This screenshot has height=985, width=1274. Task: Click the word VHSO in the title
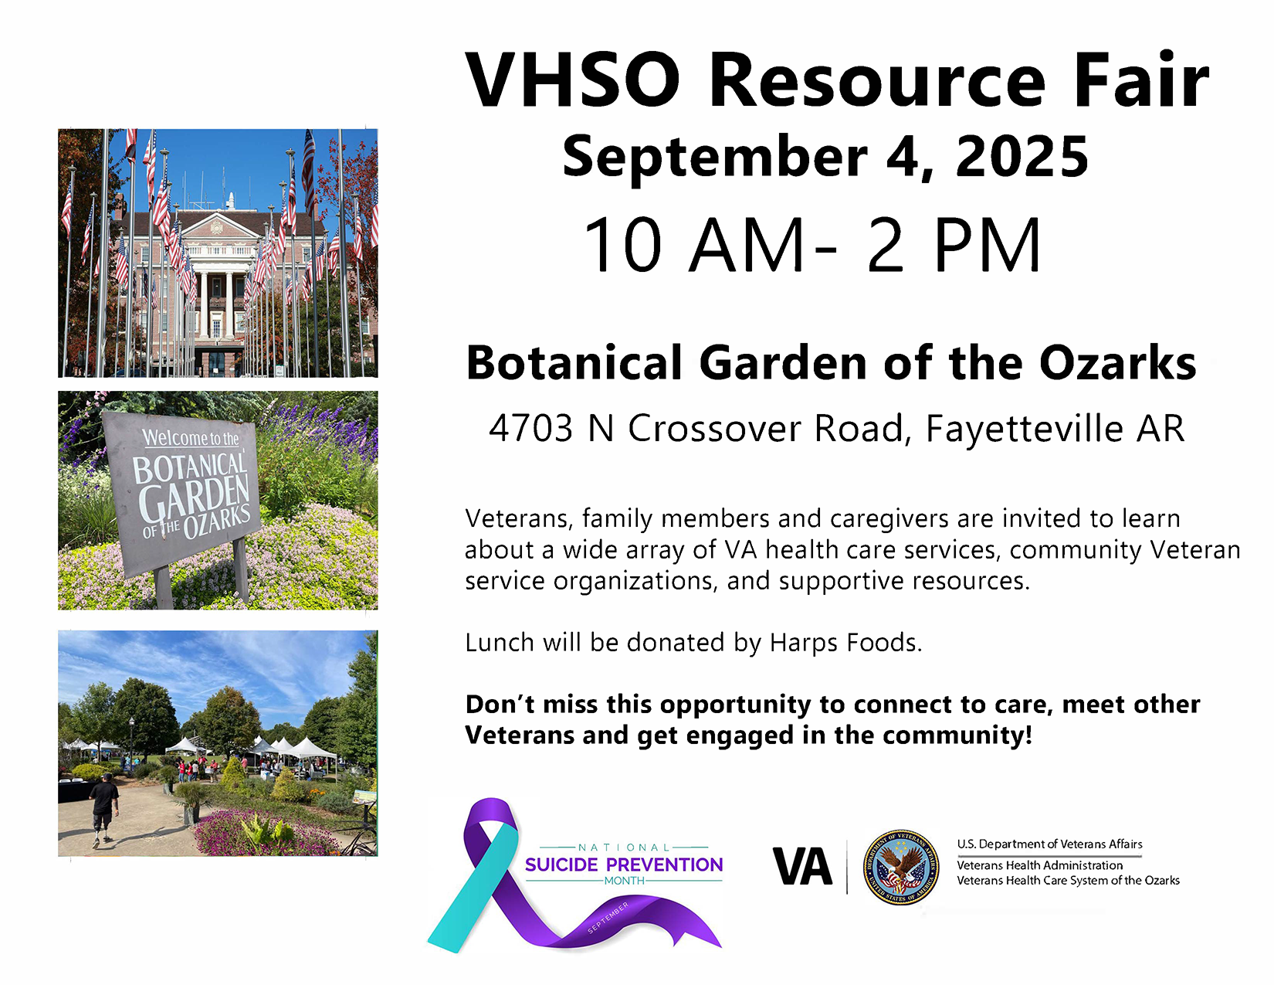[x=572, y=80]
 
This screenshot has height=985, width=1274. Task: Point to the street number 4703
[x=530, y=428]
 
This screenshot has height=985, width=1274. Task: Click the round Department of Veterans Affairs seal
[x=901, y=867]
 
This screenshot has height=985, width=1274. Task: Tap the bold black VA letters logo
[x=802, y=866]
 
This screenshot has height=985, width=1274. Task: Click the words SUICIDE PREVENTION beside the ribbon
[x=624, y=864]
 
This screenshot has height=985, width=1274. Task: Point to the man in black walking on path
[x=103, y=809]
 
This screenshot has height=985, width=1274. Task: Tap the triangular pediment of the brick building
[x=218, y=226]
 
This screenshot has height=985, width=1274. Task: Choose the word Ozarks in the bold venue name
[x=1117, y=363]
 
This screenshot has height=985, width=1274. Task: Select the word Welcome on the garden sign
[x=174, y=437]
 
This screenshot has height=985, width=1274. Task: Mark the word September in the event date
[x=715, y=158]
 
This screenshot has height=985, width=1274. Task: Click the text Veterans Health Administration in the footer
[x=1039, y=865]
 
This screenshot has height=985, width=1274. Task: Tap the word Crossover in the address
[x=715, y=428]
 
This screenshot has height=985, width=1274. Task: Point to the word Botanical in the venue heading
[x=574, y=363]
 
